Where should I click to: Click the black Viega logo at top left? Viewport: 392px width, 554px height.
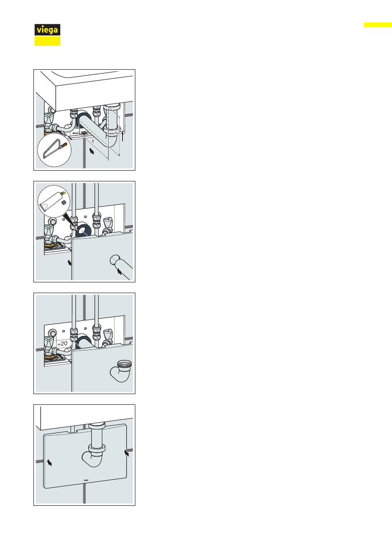point(47,30)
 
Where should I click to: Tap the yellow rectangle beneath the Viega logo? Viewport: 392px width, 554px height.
point(47,41)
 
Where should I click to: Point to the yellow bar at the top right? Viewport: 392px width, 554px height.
point(378,25)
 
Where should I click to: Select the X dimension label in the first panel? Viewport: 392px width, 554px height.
point(93,141)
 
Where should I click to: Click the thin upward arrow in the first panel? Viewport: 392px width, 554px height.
point(123,136)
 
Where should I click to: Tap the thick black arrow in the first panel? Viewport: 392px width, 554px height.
point(91,150)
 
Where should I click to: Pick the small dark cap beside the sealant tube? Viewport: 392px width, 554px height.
point(64,202)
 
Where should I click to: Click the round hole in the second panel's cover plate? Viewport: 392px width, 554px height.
point(115,260)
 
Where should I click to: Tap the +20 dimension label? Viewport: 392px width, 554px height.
point(62,343)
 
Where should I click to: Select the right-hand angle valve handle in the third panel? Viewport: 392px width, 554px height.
point(108,334)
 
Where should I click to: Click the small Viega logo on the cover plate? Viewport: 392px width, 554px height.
point(86,480)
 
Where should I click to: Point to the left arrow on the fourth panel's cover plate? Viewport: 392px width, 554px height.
point(50,462)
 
